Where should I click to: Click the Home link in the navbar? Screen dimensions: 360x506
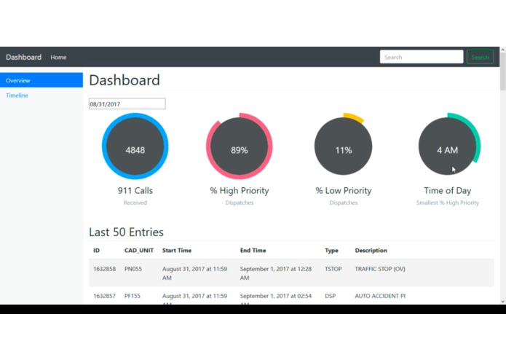(58, 57)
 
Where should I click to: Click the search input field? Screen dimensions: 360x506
(421, 57)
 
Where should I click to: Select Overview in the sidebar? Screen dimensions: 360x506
(41, 80)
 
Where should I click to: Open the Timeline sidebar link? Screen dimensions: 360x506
(17, 95)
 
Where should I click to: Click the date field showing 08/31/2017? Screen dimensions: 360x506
(127, 104)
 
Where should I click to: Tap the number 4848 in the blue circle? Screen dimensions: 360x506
(135, 150)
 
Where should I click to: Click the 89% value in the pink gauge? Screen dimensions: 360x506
(240, 150)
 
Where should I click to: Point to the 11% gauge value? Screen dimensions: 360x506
(344, 150)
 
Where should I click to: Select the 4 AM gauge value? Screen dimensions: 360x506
(447, 150)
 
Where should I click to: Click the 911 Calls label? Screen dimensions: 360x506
(135, 191)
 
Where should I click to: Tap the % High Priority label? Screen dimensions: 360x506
(240, 191)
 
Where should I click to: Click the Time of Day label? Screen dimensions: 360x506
(448, 191)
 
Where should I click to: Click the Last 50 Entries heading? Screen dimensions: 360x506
(126, 232)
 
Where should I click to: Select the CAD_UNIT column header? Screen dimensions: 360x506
(139, 251)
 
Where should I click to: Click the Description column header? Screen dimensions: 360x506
(371, 251)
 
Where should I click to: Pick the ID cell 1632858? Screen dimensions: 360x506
(104, 269)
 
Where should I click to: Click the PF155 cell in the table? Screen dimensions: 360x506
(133, 296)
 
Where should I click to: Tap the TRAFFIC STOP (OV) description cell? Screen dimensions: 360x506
(380, 269)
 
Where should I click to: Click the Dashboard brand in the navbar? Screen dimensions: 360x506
(24, 57)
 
